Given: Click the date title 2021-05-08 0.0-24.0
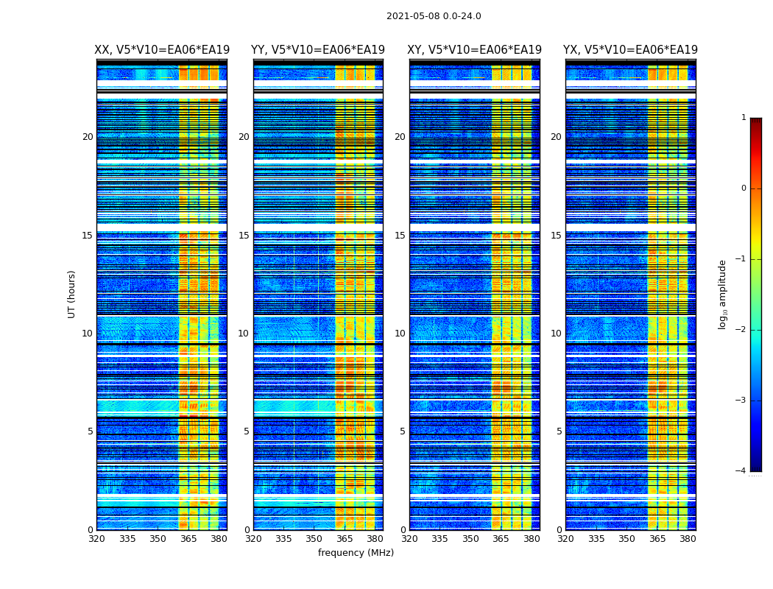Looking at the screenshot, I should [x=434, y=16].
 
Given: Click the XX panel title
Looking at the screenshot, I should [x=162, y=50].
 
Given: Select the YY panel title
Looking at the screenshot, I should [x=318, y=50].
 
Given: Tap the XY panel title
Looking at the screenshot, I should [x=474, y=50].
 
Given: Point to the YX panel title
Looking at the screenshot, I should [x=630, y=50].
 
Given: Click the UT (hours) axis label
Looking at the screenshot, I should [x=72, y=294].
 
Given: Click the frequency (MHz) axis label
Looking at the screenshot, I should [x=356, y=553].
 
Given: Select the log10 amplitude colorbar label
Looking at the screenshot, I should [x=723, y=294].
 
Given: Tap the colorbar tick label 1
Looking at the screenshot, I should [x=744, y=118].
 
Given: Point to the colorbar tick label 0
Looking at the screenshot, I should [x=744, y=188].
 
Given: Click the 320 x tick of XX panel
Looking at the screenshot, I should [x=97, y=539].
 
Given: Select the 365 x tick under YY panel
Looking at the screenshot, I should [x=345, y=539].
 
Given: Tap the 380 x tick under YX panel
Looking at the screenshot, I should [x=688, y=539].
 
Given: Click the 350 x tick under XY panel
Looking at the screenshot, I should [x=470, y=539].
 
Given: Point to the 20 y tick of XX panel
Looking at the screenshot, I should [x=88, y=137].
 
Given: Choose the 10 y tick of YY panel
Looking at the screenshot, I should [x=244, y=334].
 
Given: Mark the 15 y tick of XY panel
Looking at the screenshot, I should [x=400, y=236].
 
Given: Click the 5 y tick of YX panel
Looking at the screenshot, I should [x=559, y=431].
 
